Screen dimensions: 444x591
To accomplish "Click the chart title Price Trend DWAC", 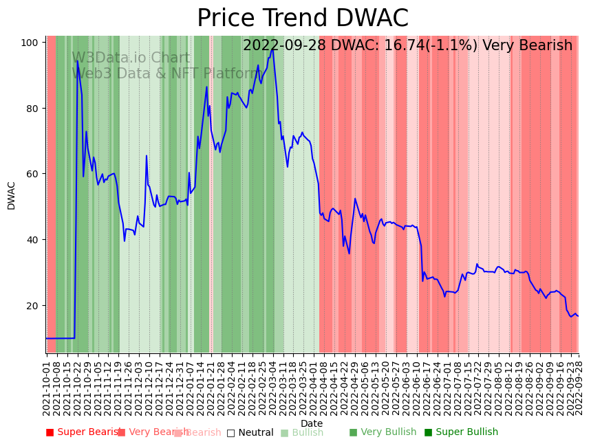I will [x=303, y=19].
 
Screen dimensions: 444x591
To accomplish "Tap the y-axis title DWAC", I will [x=11, y=195].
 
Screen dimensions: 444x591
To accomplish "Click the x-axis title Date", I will [x=312, y=423].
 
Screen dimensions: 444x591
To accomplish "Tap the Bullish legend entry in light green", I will [x=307, y=432].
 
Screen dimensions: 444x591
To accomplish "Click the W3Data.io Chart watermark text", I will [x=131, y=58].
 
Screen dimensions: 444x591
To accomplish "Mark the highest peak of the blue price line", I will [x=273, y=49].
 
